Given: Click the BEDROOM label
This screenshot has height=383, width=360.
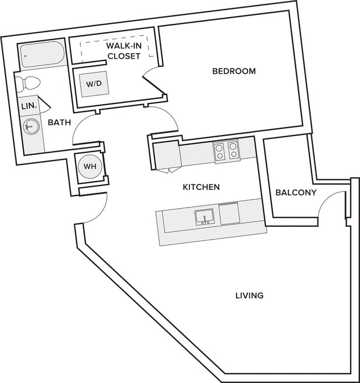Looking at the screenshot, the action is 234,71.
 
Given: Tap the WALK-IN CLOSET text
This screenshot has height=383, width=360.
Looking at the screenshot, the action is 124,51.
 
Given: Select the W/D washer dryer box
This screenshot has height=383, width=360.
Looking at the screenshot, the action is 94,84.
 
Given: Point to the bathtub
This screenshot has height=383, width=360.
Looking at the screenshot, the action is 42,55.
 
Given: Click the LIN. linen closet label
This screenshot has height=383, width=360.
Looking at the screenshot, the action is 29,106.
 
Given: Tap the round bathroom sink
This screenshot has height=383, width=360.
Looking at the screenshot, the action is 30,126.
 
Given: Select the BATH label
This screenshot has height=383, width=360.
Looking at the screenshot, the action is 59,122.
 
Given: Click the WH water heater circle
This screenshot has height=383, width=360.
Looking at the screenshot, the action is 90,167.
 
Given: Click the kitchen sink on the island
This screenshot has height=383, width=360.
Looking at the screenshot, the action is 204,216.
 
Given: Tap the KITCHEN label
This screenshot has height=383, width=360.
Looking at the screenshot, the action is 201,187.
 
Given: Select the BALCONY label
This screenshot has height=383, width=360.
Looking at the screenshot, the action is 296,193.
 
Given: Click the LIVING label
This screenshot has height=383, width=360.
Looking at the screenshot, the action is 249,296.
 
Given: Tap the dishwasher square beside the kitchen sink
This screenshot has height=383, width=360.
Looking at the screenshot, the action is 229,213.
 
